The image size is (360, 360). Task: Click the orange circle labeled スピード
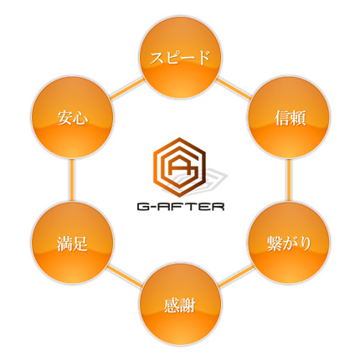(180, 57)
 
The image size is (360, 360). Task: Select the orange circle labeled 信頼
(289, 117)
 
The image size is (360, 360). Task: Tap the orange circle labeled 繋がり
(289, 243)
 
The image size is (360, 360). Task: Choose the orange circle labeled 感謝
(180, 305)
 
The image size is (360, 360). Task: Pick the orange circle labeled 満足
(72, 243)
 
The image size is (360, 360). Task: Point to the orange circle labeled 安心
(72, 117)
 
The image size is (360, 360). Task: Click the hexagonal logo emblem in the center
(180, 167)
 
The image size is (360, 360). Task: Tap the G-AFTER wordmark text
(181, 207)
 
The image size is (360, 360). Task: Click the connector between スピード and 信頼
(234, 88)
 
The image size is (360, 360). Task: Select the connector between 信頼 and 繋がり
(289, 180)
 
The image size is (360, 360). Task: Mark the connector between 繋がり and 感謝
(236, 275)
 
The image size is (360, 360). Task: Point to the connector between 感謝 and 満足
(125, 275)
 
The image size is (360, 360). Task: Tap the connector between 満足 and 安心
(72, 180)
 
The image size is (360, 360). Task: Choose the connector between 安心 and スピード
(127, 88)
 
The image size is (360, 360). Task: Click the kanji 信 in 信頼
(281, 118)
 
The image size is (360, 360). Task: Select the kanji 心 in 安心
(80, 118)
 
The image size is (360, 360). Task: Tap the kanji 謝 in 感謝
(188, 306)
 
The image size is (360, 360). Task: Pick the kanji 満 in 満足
(64, 244)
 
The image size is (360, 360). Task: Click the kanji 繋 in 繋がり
(274, 244)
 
